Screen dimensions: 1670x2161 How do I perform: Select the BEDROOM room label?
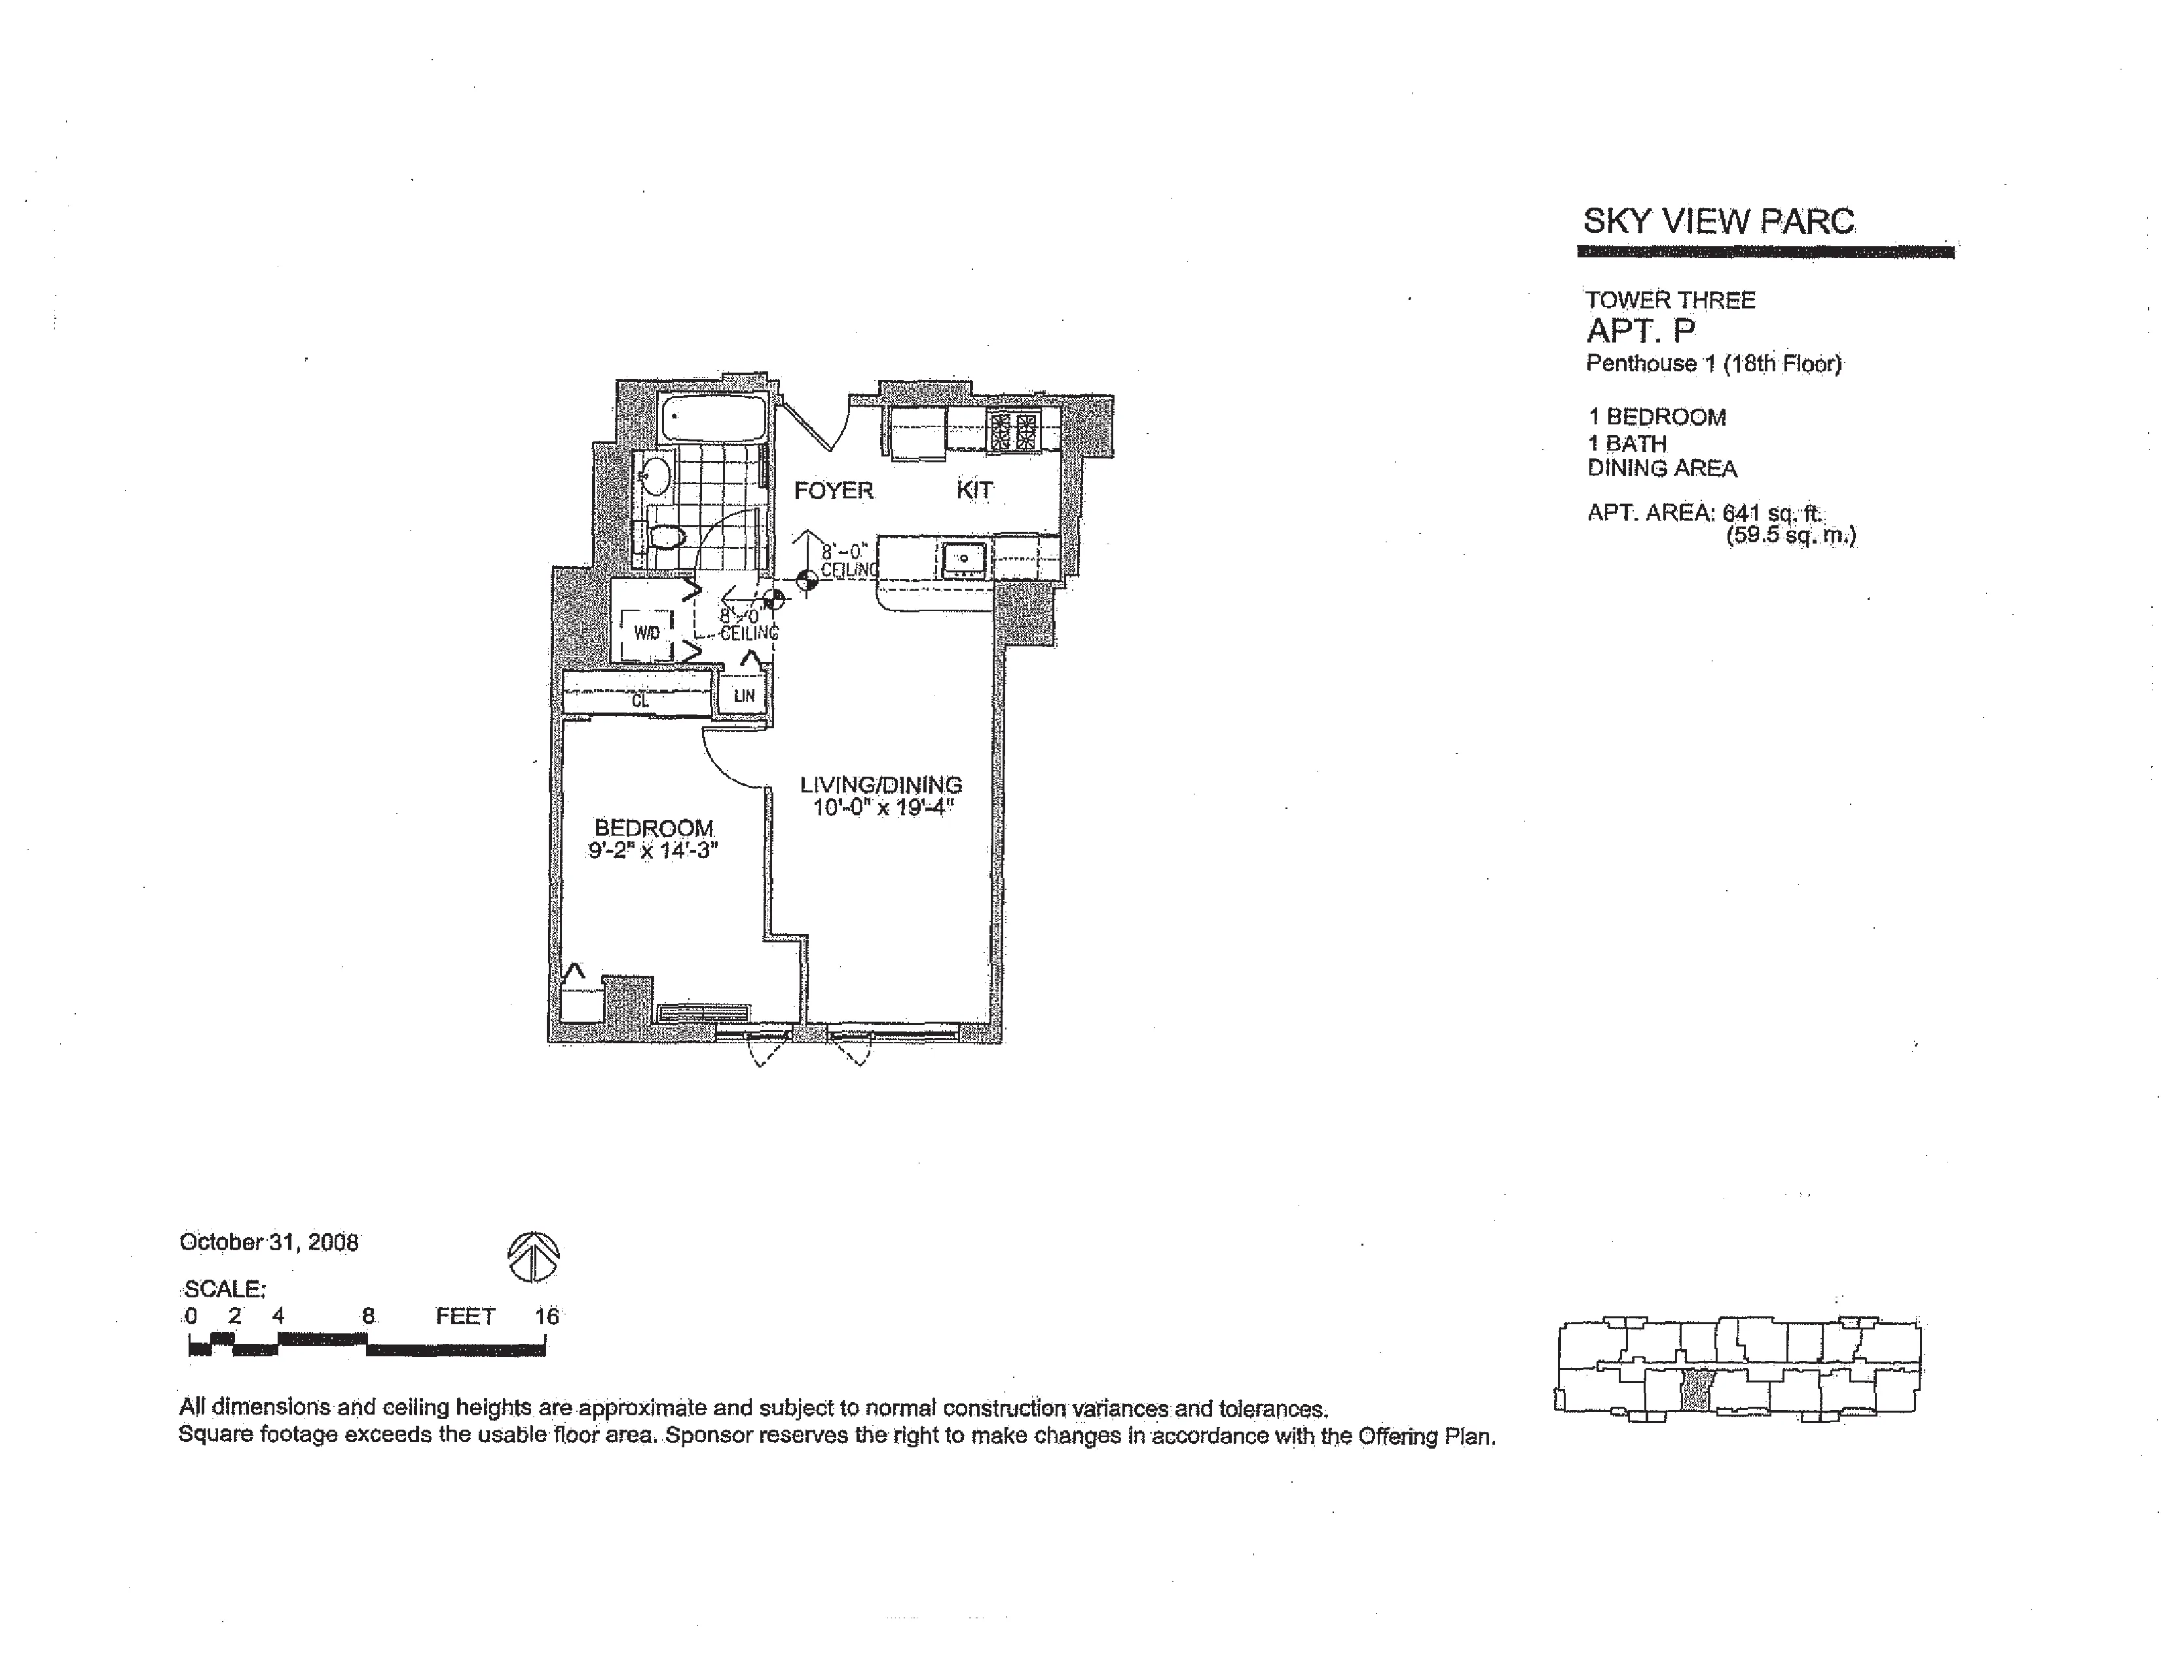[654, 827]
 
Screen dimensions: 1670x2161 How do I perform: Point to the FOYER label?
[833, 490]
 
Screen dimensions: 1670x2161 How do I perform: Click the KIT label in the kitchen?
[974, 489]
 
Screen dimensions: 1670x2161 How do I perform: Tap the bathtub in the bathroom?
[713, 418]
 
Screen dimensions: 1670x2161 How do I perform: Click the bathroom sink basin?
[654, 477]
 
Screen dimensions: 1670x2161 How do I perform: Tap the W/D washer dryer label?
[646, 632]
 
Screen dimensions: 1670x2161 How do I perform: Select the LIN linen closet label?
[744, 696]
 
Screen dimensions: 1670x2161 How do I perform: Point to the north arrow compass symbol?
[533, 1257]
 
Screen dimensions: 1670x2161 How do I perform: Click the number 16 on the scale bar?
[547, 1316]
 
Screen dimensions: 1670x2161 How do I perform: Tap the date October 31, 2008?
[268, 1242]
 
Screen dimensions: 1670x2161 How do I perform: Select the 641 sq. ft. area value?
[1772, 513]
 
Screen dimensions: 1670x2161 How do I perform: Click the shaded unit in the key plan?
[1696, 1389]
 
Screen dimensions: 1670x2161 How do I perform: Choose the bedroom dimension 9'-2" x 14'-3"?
[653, 850]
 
